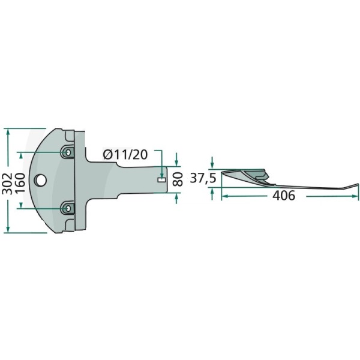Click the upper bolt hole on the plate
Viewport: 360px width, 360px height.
(68, 154)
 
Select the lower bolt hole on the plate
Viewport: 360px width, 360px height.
(68, 208)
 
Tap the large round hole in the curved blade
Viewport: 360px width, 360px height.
(41, 179)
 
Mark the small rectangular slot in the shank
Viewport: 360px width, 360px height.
(160, 178)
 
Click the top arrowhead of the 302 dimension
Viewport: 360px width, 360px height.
(7, 131)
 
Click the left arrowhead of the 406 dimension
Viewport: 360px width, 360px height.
(224, 196)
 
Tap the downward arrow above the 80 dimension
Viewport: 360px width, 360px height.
(176, 164)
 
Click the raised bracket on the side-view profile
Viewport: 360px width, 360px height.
(262, 176)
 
